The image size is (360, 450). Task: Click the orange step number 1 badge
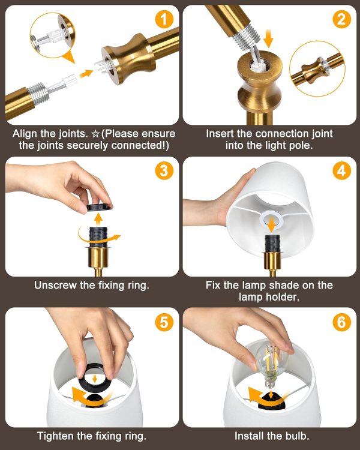164,19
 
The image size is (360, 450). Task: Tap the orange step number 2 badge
341,19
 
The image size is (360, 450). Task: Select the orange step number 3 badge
164,171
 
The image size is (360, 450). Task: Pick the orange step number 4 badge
341,171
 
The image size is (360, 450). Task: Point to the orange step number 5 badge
164,322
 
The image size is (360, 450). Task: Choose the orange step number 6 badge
341,322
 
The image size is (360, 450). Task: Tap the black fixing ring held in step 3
100,208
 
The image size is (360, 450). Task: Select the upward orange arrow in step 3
99,219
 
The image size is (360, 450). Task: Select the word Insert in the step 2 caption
220,134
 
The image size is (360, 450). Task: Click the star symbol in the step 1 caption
95,134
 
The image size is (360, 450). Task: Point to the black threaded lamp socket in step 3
98,237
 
